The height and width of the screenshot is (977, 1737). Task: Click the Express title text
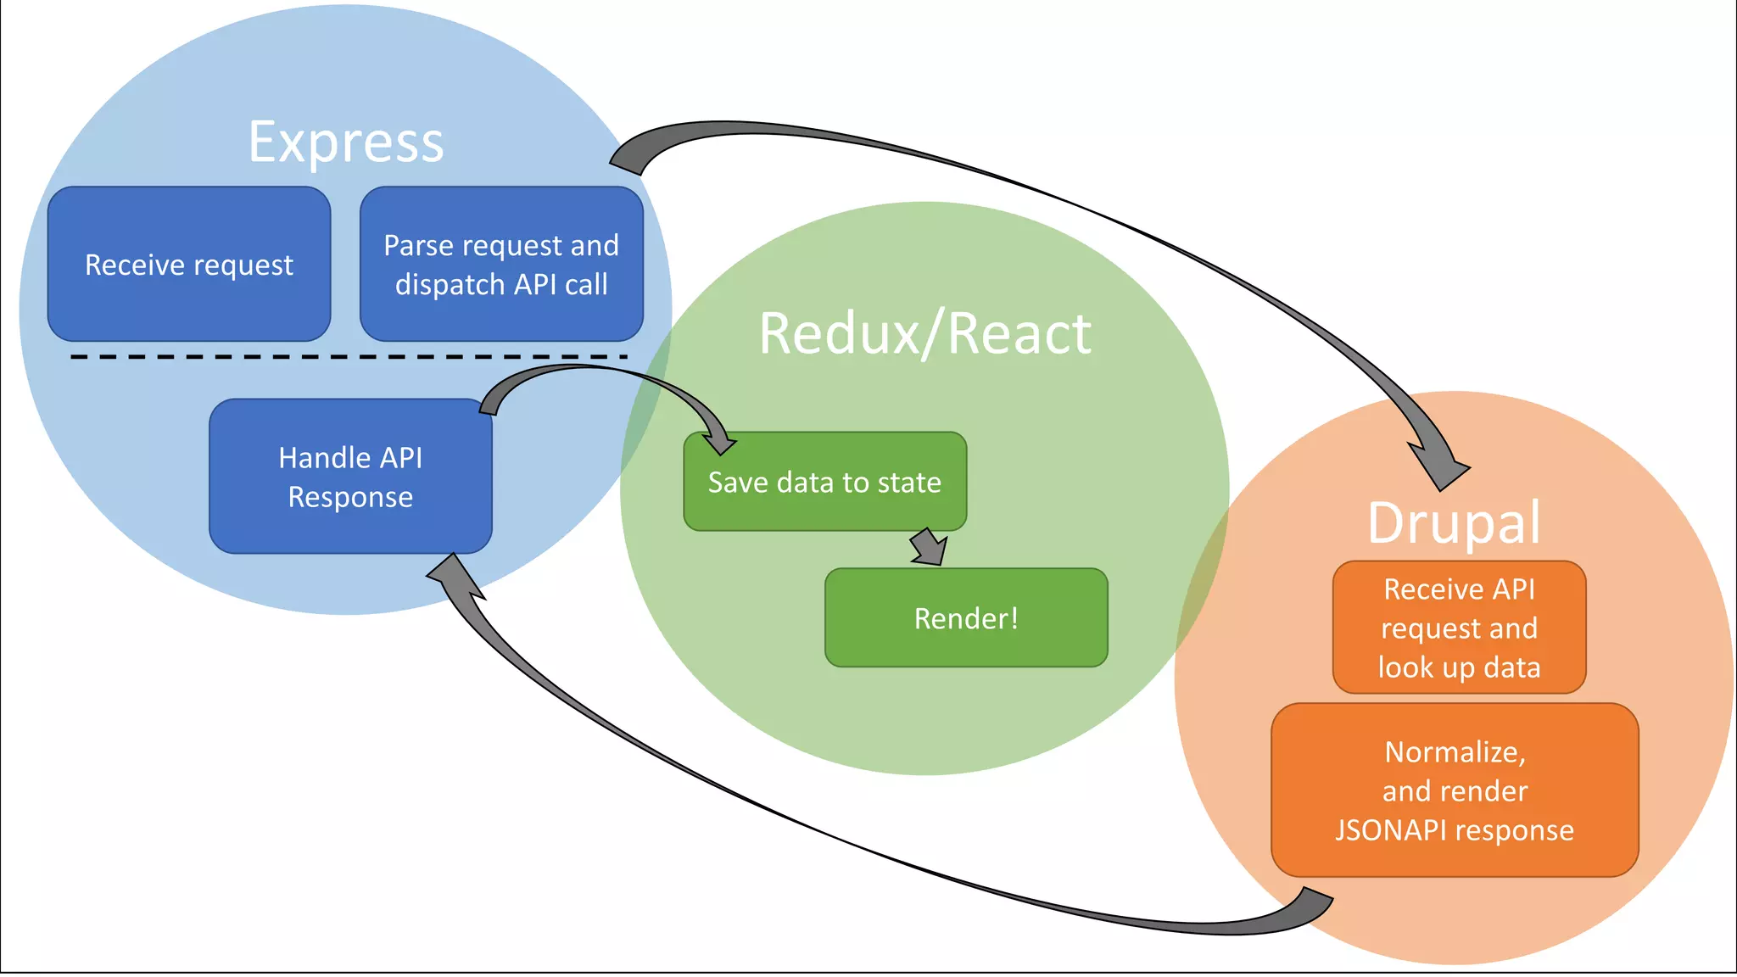click(x=346, y=142)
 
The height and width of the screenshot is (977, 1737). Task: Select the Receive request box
click(x=189, y=265)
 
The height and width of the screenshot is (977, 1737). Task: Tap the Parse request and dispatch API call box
click(x=501, y=265)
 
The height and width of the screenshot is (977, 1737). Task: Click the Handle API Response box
click(x=350, y=477)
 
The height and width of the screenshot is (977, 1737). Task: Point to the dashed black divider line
click(x=348, y=357)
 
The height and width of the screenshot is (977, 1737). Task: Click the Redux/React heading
click(x=924, y=333)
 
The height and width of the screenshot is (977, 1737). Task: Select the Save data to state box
click(x=824, y=482)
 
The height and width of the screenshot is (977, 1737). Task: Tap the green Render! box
click(x=966, y=618)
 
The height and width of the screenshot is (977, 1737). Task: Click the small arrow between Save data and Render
click(x=929, y=547)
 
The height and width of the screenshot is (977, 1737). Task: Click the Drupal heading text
click(x=1454, y=522)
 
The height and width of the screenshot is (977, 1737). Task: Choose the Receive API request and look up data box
click(x=1459, y=628)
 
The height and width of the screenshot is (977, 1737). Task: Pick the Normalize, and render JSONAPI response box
click(x=1455, y=790)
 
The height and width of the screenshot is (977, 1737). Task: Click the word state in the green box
click(x=909, y=483)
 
